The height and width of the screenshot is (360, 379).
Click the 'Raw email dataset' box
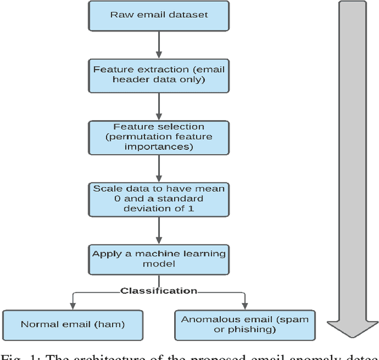[159, 15]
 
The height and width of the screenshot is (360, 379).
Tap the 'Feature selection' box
[159, 137]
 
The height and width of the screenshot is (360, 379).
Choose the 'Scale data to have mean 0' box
[159, 198]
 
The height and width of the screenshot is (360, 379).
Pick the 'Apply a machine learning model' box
[159, 258]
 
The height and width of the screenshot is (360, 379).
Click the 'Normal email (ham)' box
[72, 324]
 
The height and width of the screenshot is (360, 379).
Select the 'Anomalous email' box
[245, 324]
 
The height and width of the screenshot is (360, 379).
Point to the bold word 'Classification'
[159, 291]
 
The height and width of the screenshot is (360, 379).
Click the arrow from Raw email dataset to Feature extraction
[159, 44]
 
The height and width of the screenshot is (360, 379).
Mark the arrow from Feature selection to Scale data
[159, 168]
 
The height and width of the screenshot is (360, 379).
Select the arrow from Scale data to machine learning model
[159, 229]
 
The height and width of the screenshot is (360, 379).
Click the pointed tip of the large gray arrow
[353, 336]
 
